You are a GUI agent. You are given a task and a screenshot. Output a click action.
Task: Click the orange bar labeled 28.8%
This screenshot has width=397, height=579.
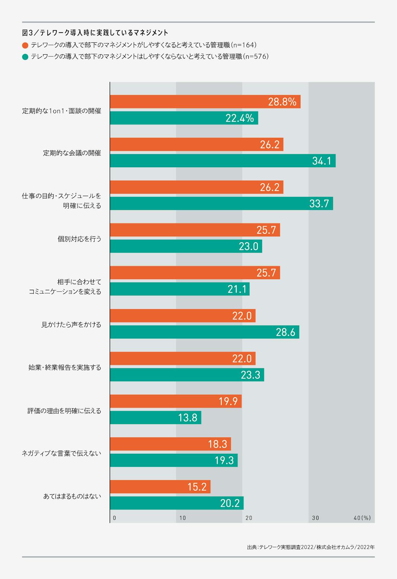click(205, 102)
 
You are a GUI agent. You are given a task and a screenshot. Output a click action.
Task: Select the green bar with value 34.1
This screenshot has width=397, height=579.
click(223, 161)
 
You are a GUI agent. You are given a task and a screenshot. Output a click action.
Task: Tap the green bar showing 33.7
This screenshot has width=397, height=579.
click(221, 203)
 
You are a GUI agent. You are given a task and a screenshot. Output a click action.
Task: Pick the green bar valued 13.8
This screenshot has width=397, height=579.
click(156, 418)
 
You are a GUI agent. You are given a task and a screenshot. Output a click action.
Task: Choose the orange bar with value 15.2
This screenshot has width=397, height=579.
click(160, 487)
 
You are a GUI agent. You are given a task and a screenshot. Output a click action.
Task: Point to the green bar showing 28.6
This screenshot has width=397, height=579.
click(204, 332)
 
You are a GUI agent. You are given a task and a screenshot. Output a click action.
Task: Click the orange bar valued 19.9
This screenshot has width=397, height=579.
click(176, 401)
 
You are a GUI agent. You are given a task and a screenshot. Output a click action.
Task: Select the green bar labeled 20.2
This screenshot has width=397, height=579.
click(177, 503)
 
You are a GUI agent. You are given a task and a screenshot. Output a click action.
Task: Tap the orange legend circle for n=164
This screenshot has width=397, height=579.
click(25, 46)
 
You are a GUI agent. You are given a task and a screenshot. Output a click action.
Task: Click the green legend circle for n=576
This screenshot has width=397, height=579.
click(25, 57)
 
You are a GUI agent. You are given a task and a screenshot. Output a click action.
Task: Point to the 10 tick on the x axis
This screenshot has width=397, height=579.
click(183, 518)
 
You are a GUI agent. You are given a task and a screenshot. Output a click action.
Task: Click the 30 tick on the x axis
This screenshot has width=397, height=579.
click(316, 518)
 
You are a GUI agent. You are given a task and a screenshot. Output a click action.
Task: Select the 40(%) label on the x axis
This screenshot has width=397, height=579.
click(362, 518)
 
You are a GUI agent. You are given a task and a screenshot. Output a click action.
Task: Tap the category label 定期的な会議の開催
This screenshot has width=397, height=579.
click(72, 153)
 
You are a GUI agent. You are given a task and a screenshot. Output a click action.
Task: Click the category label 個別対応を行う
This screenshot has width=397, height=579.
click(79, 239)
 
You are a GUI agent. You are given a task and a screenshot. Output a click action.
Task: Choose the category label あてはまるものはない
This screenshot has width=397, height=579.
click(72, 496)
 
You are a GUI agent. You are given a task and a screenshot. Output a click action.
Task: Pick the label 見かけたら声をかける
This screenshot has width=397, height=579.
click(71, 325)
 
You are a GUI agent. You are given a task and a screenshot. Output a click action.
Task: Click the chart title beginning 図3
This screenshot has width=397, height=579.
click(95, 33)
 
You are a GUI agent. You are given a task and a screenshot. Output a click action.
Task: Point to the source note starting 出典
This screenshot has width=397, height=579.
click(311, 547)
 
